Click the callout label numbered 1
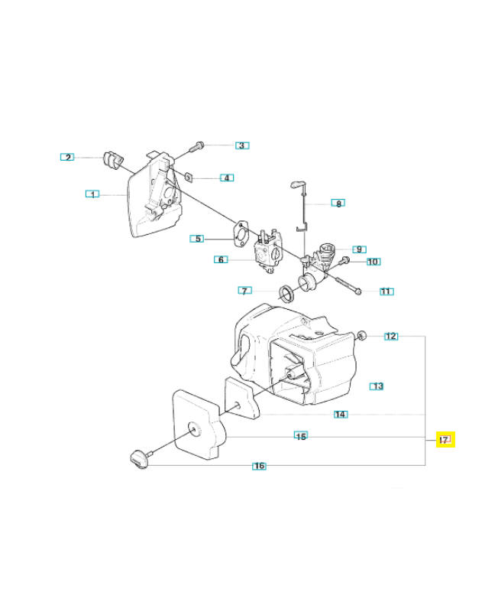tap(92, 194)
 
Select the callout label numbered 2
tap(68, 158)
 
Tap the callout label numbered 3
tap(241, 145)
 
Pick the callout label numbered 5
tap(198, 238)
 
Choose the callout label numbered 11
tap(386, 291)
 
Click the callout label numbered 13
tap(377, 386)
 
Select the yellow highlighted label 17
tap(445, 440)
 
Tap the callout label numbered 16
tap(260, 466)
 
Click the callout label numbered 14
tap(341, 415)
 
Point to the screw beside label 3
tap(199, 145)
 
